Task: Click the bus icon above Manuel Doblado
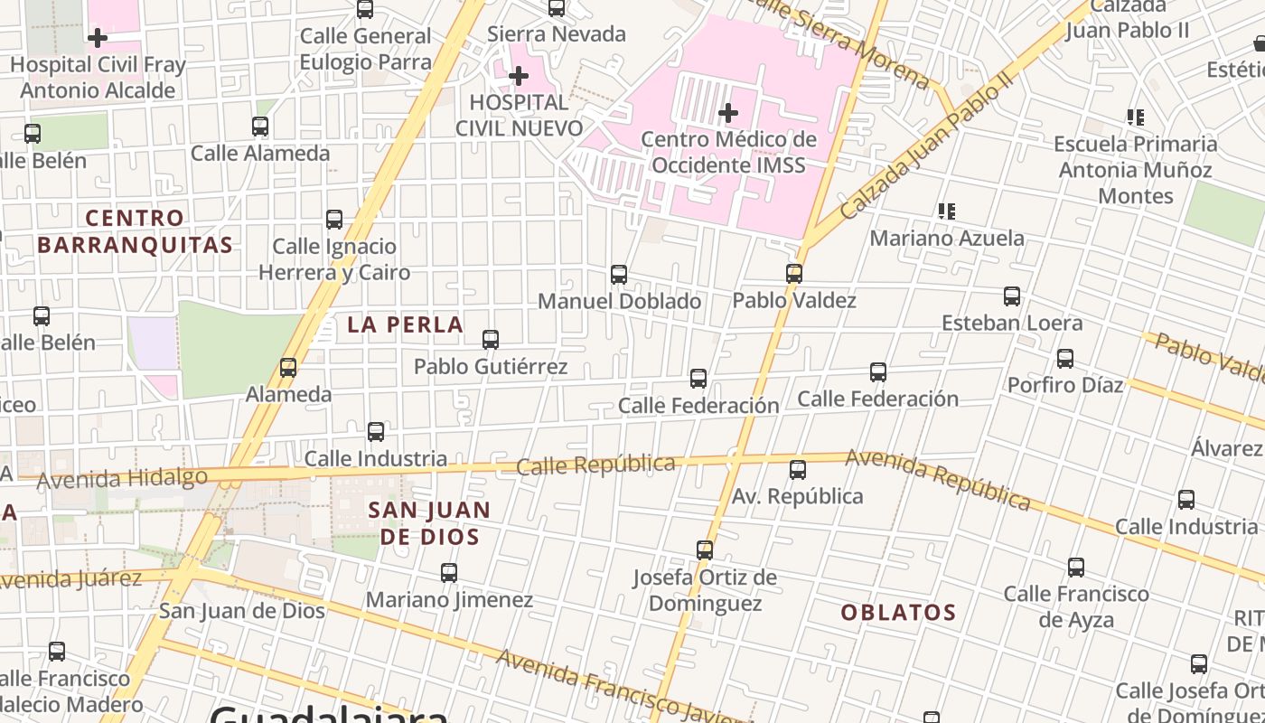coord(619,274)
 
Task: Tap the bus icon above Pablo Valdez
coord(794,273)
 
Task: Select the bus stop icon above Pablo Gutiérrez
coord(491,340)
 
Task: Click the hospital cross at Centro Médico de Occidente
coord(728,113)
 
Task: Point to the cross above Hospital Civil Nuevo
coord(519,76)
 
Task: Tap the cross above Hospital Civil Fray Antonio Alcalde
coord(98,38)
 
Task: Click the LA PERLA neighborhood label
coord(405,324)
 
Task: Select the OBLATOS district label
coord(898,613)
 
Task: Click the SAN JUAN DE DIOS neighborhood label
coord(429,523)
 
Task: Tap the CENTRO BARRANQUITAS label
coord(135,231)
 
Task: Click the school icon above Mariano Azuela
coord(946,211)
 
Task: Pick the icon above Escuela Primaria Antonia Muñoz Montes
coord(1136,117)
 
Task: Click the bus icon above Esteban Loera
coord(1012,296)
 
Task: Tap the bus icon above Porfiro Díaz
coord(1065,359)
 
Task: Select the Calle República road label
coord(595,465)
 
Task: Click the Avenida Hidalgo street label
coord(122,478)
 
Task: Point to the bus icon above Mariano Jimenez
coord(449,573)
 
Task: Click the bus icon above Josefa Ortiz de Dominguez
coord(705,549)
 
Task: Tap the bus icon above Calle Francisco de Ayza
coord(1076,568)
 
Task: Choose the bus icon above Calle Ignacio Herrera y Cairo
coord(334,220)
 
